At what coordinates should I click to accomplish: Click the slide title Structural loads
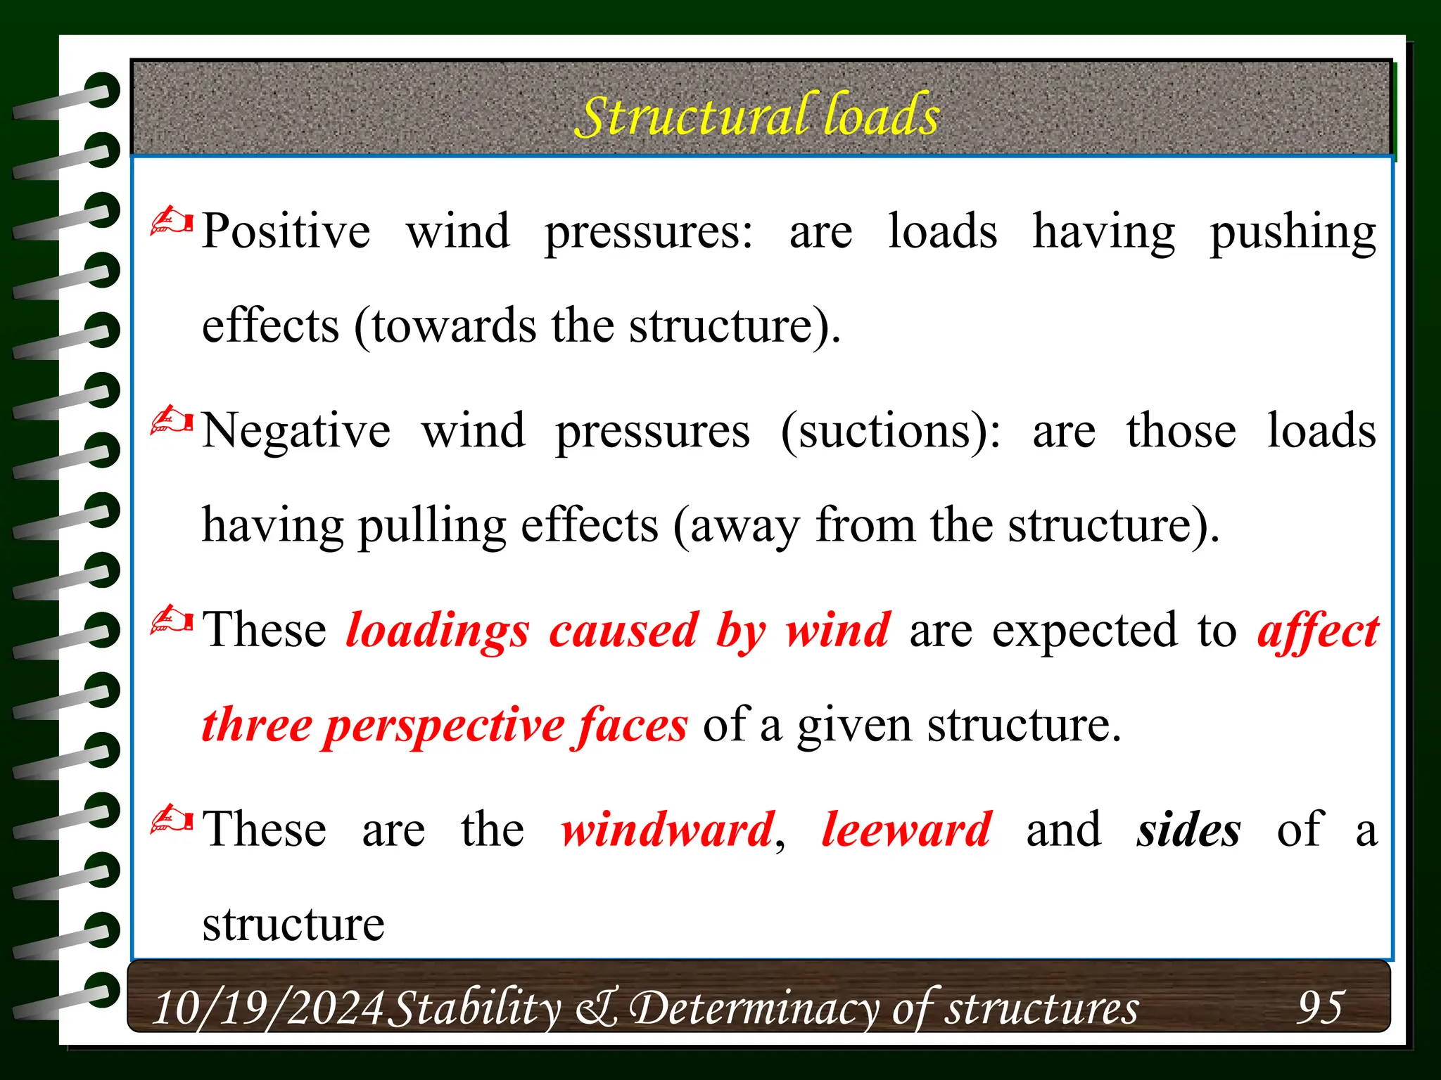tap(757, 115)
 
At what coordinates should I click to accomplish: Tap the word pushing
tap(1293, 232)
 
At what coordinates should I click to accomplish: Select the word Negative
tap(296, 430)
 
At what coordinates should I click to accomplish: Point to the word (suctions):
tap(890, 430)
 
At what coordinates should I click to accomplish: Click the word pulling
tap(432, 526)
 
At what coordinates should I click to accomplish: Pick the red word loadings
tap(438, 630)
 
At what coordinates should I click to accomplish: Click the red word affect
tap(1318, 631)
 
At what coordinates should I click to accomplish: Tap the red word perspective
tap(443, 725)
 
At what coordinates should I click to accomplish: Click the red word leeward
tap(907, 829)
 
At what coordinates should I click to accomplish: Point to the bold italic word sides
tap(1188, 830)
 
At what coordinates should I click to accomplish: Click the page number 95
tap(1321, 1007)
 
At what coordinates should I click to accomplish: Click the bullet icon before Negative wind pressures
tap(172, 422)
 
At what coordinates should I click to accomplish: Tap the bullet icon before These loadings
tap(172, 621)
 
